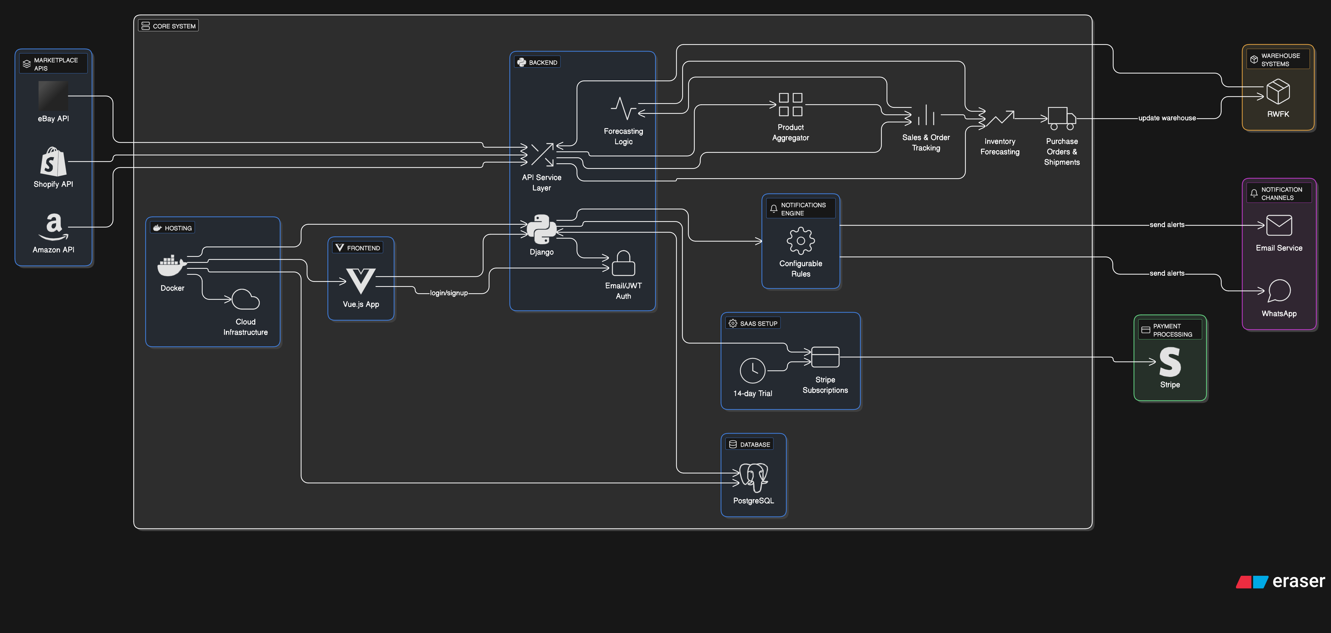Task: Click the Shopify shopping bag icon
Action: tap(53, 162)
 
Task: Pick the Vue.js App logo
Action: tap(361, 280)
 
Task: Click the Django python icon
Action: tap(542, 229)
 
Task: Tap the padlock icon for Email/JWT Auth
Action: tap(623, 263)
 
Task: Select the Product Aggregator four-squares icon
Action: tap(791, 104)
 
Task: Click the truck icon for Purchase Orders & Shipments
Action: tap(1062, 118)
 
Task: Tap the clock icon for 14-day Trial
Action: tap(752, 370)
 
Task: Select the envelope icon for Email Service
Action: tap(1279, 225)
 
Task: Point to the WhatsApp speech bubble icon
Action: tap(1279, 290)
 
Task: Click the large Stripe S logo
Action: tap(1170, 362)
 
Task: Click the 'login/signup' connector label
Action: tap(449, 293)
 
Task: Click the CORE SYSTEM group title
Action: tap(174, 26)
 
